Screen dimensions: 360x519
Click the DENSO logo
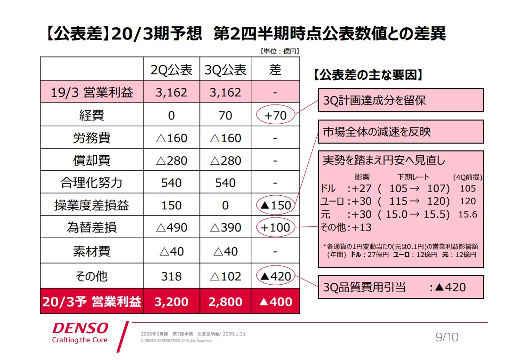tap(80, 328)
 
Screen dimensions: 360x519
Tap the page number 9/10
tap(447, 337)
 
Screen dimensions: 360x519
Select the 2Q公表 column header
tap(171, 70)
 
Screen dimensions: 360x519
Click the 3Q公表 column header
tap(225, 70)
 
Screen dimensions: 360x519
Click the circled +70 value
tap(275, 115)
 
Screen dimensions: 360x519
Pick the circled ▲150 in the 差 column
tap(275, 205)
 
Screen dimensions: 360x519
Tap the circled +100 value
tap(275, 228)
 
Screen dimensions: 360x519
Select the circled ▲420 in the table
tap(275, 276)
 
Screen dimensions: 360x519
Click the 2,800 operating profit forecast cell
tap(225, 302)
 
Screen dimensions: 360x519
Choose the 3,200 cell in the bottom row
tap(171, 302)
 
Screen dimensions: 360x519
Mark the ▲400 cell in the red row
tap(275, 302)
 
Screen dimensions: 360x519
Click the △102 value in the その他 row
tap(225, 276)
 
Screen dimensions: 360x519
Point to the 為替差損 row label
tap(92, 228)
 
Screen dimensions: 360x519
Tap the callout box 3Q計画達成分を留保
tap(401, 101)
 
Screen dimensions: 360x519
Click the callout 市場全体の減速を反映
tap(401, 132)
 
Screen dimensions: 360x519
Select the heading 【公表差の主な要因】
tap(367, 75)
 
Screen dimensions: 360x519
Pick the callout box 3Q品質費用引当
tap(401, 287)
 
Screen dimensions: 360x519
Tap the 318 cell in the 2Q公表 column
tap(171, 276)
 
